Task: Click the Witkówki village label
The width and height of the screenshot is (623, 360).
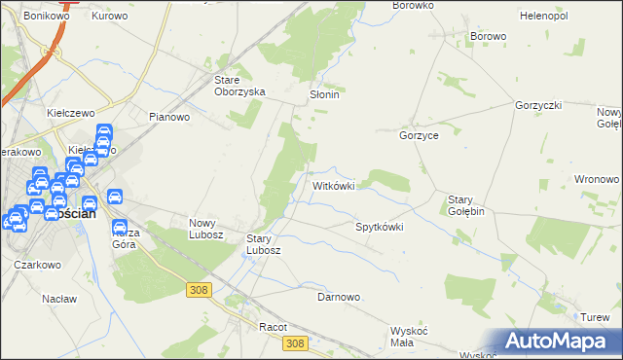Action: pyautogui.click(x=339, y=185)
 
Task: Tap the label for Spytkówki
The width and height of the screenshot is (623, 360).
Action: pyautogui.click(x=379, y=227)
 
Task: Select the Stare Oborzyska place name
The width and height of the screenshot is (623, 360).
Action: pyautogui.click(x=240, y=86)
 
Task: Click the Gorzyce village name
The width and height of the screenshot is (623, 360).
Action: pyautogui.click(x=419, y=136)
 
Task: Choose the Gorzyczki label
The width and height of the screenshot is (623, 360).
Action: pyautogui.click(x=538, y=104)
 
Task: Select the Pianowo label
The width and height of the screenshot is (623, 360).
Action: pyautogui.click(x=168, y=117)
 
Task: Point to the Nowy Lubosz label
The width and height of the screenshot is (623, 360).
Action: pyautogui.click(x=206, y=229)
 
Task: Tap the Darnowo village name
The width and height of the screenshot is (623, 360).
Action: pyautogui.click(x=339, y=297)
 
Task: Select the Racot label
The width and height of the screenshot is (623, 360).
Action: pyautogui.click(x=273, y=328)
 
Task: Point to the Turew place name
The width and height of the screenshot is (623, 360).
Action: pyautogui.click(x=595, y=318)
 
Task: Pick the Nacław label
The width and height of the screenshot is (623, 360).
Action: pyautogui.click(x=59, y=299)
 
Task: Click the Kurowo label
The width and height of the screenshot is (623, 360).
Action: pyautogui.click(x=109, y=17)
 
